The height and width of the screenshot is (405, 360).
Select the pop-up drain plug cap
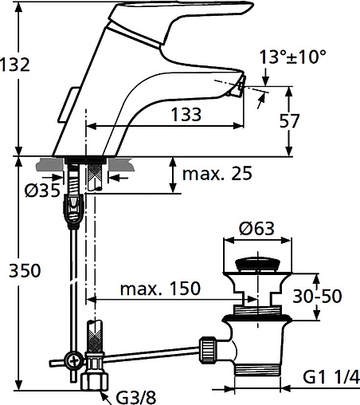256,264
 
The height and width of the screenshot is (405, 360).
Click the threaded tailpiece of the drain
256,368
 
